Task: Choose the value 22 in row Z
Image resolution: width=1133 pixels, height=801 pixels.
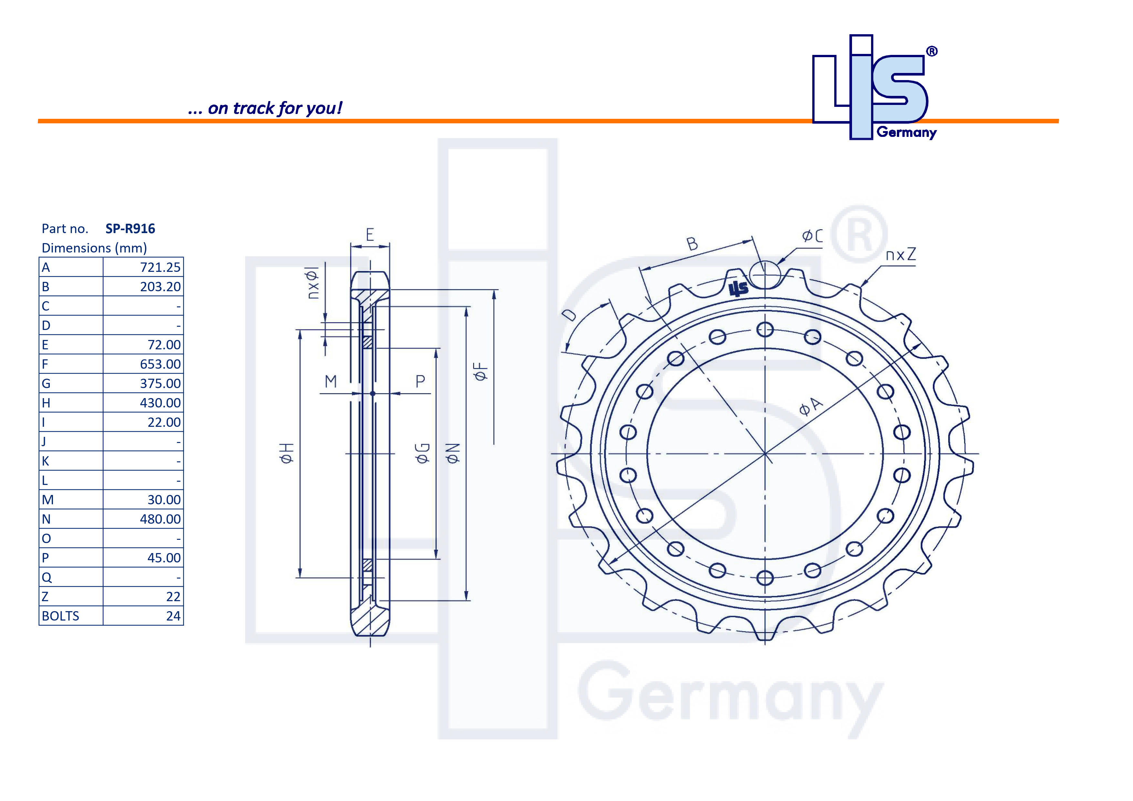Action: click(173, 597)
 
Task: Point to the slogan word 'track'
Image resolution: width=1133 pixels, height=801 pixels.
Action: click(254, 108)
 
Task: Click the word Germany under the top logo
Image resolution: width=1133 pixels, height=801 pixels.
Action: click(907, 132)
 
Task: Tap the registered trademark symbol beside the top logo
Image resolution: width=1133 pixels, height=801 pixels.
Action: click(932, 51)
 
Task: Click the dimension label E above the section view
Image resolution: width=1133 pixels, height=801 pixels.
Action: click(369, 235)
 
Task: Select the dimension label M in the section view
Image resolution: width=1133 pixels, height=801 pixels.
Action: click(331, 381)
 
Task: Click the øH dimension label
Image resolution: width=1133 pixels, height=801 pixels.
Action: click(287, 453)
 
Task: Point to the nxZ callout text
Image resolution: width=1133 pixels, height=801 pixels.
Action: click(900, 255)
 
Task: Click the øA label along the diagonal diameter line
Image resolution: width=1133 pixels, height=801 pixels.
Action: click(811, 407)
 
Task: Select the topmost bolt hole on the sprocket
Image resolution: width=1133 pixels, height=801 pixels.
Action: click(765, 330)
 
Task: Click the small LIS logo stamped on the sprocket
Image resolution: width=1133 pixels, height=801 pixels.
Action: click(739, 289)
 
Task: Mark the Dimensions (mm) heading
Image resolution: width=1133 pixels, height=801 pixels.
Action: click(94, 248)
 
